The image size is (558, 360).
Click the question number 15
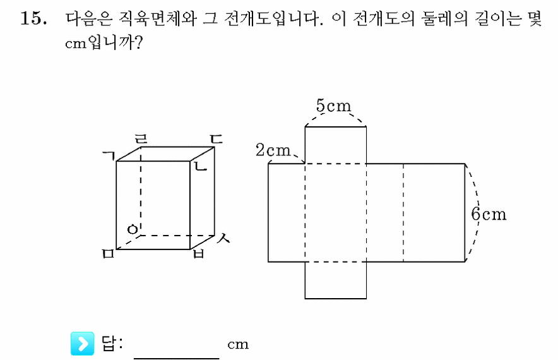click(x=33, y=18)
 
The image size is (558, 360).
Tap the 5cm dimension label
click(x=333, y=105)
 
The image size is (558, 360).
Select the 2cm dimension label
click(x=273, y=150)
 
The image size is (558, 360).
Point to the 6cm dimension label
click(x=489, y=214)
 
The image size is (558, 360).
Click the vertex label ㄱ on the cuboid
click(x=109, y=155)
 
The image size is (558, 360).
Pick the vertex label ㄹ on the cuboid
click(x=141, y=138)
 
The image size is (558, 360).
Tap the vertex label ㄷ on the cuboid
click(x=216, y=138)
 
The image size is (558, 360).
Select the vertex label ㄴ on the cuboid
click(x=200, y=165)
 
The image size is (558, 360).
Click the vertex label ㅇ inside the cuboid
click(x=133, y=229)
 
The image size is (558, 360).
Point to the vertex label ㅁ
click(x=108, y=253)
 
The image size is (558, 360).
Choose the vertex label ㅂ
click(x=199, y=253)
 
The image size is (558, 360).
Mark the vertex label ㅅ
click(x=223, y=238)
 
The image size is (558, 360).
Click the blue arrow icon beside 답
click(x=83, y=344)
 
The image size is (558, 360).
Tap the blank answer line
click(x=177, y=358)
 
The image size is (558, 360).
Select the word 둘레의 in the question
click(x=444, y=18)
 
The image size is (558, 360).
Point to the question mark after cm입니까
click(x=138, y=43)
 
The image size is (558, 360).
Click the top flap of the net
click(x=336, y=145)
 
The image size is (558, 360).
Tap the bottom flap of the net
click(x=336, y=280)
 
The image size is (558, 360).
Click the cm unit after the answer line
click(x=238, y=344)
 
